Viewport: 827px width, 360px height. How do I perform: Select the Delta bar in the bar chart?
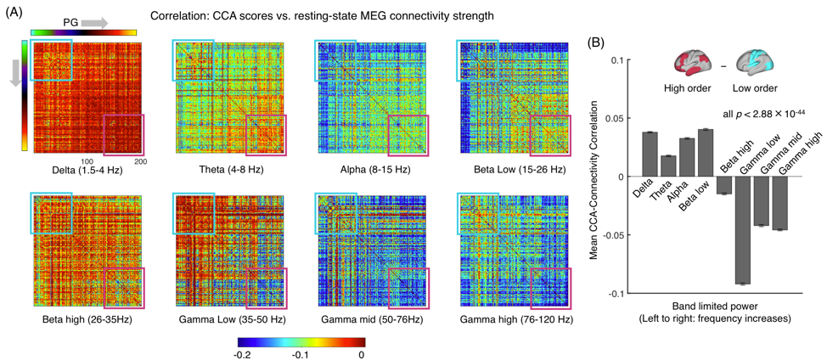pyautogui.click(x=650, y=155)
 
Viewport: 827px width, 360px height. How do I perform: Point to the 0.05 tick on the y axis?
pyautogui.click(x=621, y=118)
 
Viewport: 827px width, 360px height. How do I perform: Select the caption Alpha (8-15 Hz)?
pyautogui.click(x=370, y=170)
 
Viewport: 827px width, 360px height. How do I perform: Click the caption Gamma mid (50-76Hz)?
pyautogui.click(x=370, y=320)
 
